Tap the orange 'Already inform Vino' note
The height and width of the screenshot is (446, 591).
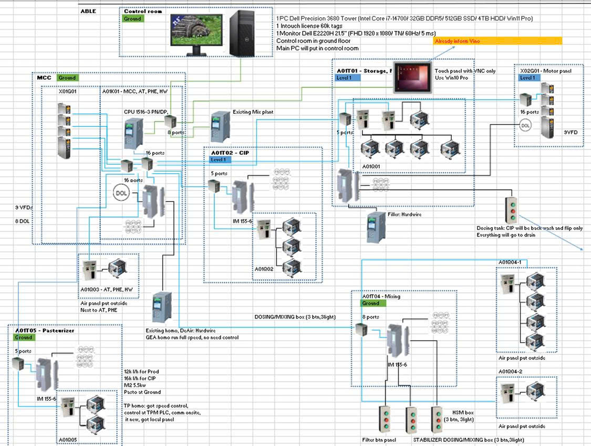(x=497, y=41)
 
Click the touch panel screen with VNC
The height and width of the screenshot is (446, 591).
(x=411, y=78)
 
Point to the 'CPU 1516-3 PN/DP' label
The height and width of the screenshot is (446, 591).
(x=149, y=111)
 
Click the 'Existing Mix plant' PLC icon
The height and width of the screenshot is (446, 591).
(x=219, y=126)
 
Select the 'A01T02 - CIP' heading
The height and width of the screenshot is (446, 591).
(x=230, y=153)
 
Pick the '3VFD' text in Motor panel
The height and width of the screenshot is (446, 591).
(x=570, y=133)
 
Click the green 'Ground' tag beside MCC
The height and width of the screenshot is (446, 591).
(x=67, y=78)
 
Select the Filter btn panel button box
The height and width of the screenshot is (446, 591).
(x=387, y=420)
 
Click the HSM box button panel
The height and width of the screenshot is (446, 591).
(x=438, y=420)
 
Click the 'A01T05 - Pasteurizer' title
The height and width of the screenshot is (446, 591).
(x=44, y=331)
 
